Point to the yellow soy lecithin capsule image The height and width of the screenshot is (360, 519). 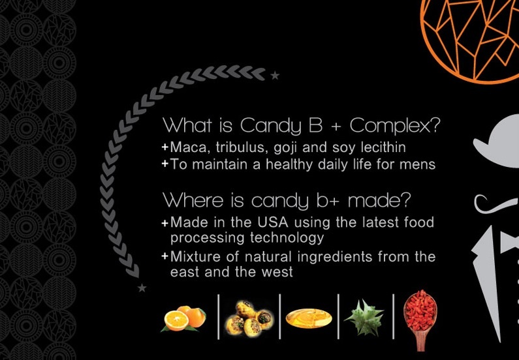click(309, 318)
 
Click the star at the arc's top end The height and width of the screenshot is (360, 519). click(275, 76)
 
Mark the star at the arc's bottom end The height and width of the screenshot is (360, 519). click(142, 288)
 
